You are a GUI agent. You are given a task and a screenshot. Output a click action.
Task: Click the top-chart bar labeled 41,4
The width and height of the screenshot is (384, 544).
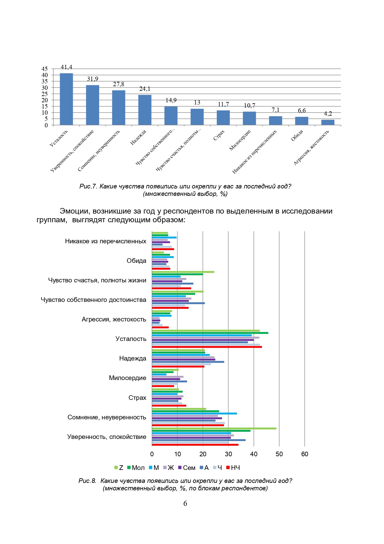[66, 99]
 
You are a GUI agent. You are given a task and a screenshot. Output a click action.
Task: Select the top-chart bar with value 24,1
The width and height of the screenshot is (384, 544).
[145, 110]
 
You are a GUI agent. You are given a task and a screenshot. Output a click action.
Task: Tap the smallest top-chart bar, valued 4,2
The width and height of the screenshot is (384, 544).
[328, 122]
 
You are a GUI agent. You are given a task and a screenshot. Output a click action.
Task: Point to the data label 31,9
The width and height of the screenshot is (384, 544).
[93, 79]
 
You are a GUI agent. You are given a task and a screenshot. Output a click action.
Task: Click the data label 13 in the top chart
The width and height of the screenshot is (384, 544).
[197, 103]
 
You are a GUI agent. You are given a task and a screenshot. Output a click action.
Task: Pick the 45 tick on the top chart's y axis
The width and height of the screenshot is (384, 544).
[45, 69]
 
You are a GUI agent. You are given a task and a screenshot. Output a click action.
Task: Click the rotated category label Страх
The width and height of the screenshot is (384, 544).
[219, 135]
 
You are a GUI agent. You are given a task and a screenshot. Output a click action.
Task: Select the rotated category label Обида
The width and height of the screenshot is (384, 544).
[297, 135]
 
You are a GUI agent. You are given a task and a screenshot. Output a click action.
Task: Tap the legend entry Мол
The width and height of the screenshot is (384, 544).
[136, 468]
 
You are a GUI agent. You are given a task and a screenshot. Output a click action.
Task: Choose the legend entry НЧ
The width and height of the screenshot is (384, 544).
[233, 468]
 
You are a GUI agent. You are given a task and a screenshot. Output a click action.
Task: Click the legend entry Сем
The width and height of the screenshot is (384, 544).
[187, 468]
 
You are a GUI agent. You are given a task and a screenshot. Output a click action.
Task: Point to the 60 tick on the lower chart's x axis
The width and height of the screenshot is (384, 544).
[305, 454]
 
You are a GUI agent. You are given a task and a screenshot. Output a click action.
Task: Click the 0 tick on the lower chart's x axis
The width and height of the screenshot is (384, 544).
[152, 454]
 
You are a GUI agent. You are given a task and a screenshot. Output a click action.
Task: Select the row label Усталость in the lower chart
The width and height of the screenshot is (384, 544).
[131, 339]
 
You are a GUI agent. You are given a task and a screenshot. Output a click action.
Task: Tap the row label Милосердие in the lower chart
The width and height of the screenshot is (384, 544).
[128, 378]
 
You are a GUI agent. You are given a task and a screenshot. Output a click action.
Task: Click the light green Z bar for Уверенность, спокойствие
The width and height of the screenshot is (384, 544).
[214, 428]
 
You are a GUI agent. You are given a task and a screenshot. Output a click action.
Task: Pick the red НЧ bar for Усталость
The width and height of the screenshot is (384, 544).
[207, 347]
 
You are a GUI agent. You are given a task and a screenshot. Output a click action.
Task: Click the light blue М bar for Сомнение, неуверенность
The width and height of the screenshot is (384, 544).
[194, 414]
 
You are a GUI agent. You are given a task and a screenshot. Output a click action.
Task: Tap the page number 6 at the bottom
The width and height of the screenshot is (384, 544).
[185, 503]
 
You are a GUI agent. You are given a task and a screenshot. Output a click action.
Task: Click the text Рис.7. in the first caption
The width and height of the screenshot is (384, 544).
[89, 186]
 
